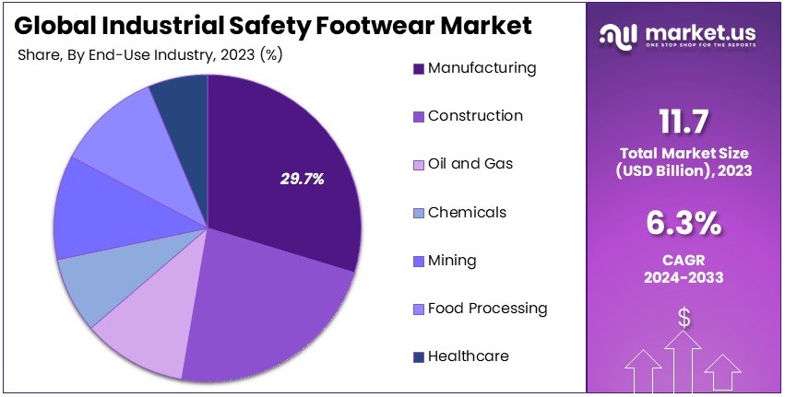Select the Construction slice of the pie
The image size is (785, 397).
(268, 313)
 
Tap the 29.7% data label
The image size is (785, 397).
(303, 180)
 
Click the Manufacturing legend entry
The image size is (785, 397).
(481, 68)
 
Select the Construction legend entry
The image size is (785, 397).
(474, 116)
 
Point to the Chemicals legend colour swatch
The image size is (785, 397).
(419, 213)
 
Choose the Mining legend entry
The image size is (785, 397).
(452, 261)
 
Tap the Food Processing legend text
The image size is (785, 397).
(487, 309)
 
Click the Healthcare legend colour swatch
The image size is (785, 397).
(419, 357)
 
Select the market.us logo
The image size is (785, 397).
(677, 35)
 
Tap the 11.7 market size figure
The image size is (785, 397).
(684, 123)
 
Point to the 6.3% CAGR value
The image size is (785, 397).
(684, 224)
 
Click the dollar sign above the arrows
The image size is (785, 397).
(684, 319)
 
